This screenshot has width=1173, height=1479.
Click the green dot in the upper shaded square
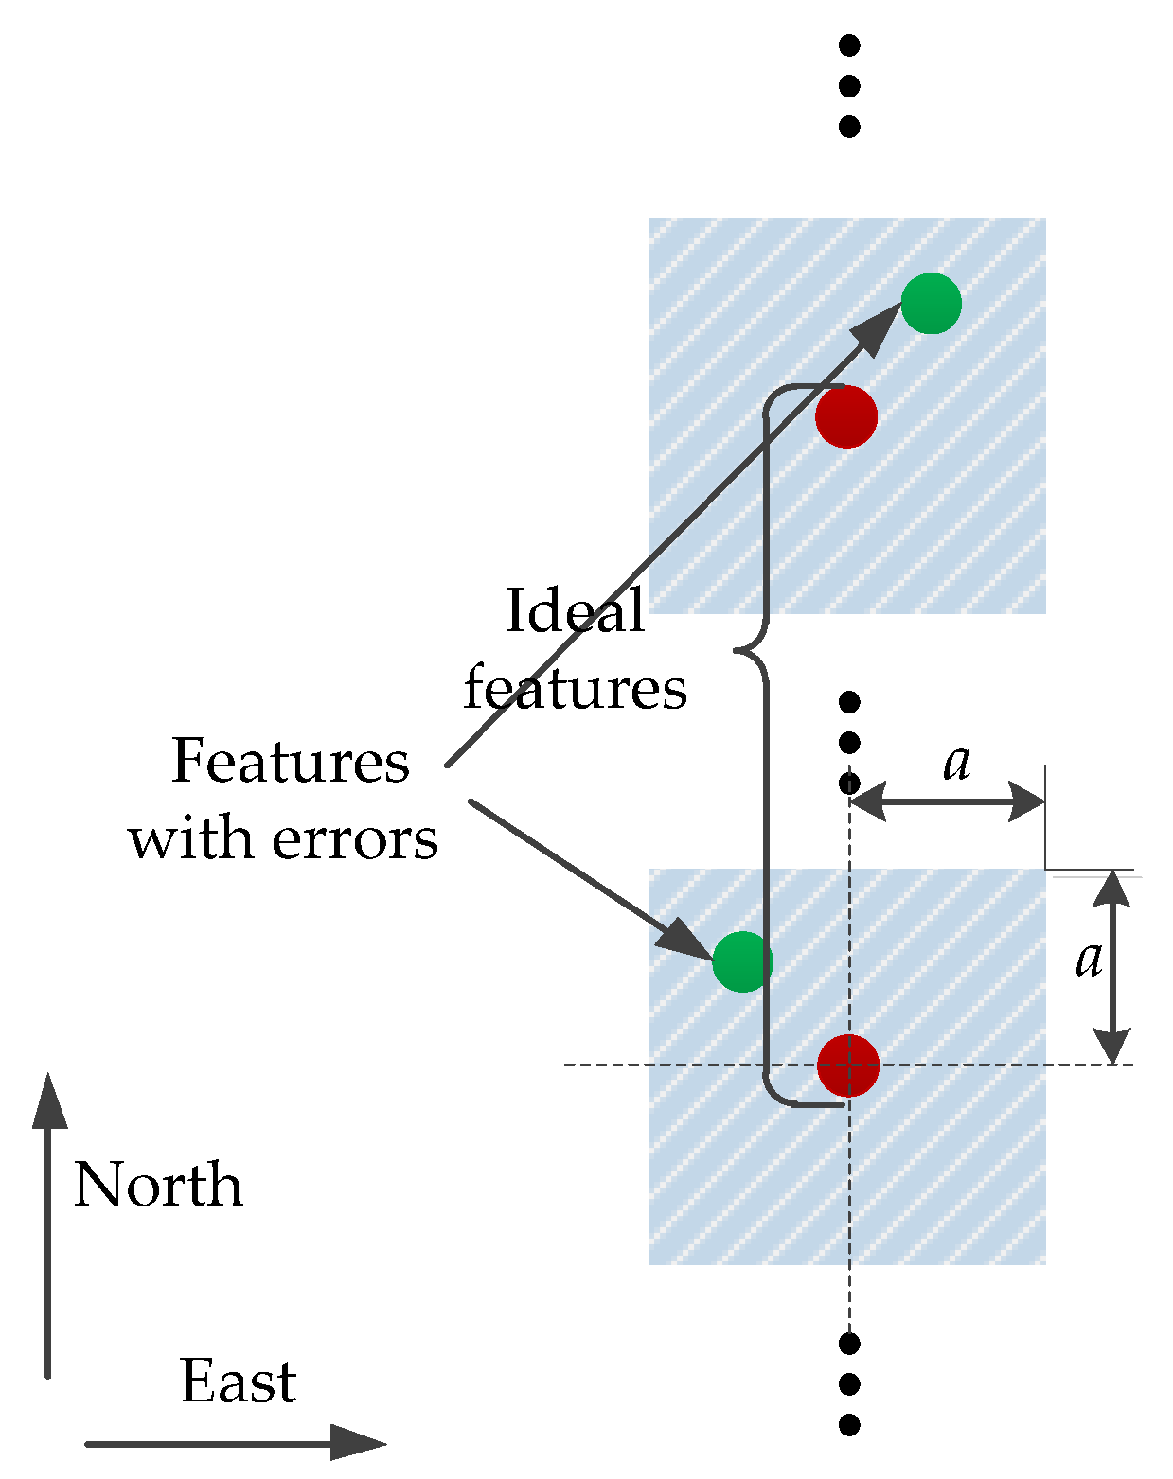[931, 304]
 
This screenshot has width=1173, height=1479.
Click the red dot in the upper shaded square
[846, 416]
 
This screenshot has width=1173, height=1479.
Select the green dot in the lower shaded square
[742, 961]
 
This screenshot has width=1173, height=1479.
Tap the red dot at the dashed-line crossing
[848, 1065]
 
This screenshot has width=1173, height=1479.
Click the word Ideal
[576, 610]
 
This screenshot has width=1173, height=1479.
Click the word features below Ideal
[575, 688]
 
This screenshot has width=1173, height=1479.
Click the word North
[158, 1185]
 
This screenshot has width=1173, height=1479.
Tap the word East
[239, 1382]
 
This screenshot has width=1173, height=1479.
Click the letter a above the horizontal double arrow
[957, 763]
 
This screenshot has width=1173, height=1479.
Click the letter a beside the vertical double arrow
[1090, 960]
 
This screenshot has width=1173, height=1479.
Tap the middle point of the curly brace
[738, 650]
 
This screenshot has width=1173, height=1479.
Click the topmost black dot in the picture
[849, 44]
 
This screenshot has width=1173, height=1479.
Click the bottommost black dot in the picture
[849, 1424]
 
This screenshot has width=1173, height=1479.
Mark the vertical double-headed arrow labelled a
[1113, 967]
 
